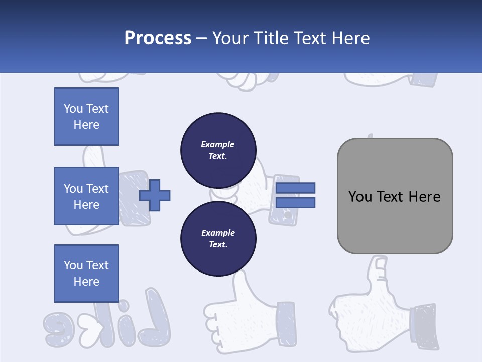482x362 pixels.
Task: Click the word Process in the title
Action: point(158,38)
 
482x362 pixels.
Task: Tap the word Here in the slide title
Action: point(350,38)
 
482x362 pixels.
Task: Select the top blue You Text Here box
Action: point(86,117)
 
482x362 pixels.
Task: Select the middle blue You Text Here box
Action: point(86,196)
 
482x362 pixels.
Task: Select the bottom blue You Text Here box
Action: point(86,273)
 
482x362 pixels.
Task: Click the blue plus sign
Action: point(155,195)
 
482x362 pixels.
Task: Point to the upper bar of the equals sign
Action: point(295,188)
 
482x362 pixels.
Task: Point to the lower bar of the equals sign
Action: point(295,202)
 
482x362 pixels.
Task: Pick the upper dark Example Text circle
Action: point(218,150)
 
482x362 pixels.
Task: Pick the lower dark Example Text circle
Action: point(218,238)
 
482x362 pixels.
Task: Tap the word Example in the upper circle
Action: point(217,144)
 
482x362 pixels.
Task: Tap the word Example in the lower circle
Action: point(217,233)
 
